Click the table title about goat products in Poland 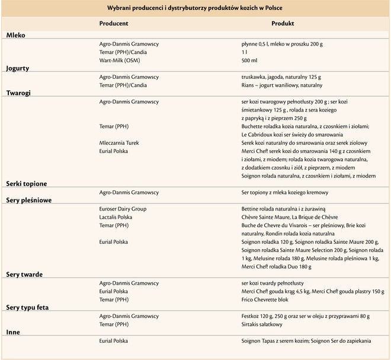click(x=195, y=8)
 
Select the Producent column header click(x=114, y=24)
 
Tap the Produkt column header click(x=283, y=24)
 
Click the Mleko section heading click(x=16, y=36)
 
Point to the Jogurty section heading click(x=18, y=68)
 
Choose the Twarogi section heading click(x=18, y=93)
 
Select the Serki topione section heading click(x=27, y=184)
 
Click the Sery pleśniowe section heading click(x=29, y=200)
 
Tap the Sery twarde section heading click(x=24, y=275)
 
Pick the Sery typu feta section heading click(x=27, y=308)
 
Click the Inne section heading click(x=13, y=333)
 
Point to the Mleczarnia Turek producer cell click(x=124, y=143)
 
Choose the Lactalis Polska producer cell click(x=119, y=217)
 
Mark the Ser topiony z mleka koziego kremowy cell click(x=284, y=193)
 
